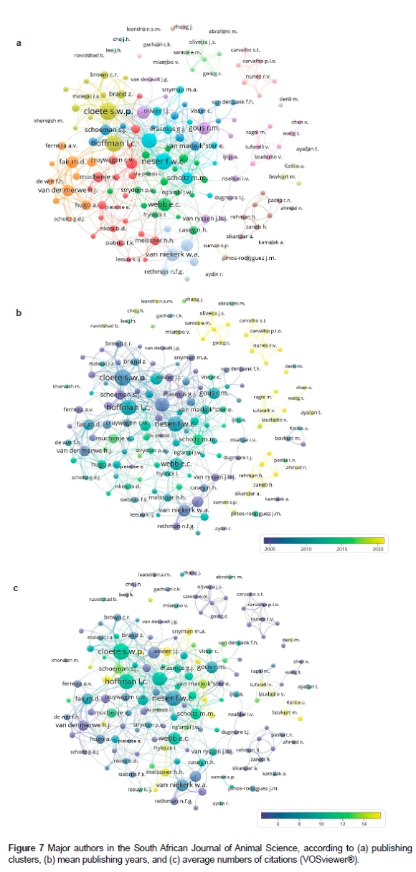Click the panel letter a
click(x=19, y=44)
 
